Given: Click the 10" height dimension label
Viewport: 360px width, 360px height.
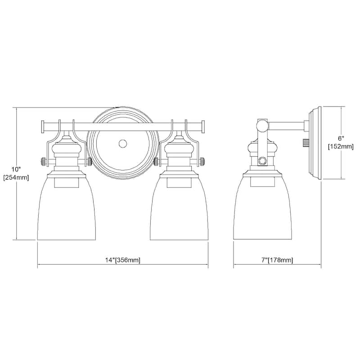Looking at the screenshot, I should coord(16,169).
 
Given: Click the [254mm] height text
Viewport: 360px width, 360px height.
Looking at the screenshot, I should coord(16,177).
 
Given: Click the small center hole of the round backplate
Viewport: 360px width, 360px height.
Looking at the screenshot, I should coord(122,144).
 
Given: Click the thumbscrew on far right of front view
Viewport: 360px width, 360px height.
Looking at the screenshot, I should coord(202,161).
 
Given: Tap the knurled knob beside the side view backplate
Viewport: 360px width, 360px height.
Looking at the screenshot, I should coord(305,143).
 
